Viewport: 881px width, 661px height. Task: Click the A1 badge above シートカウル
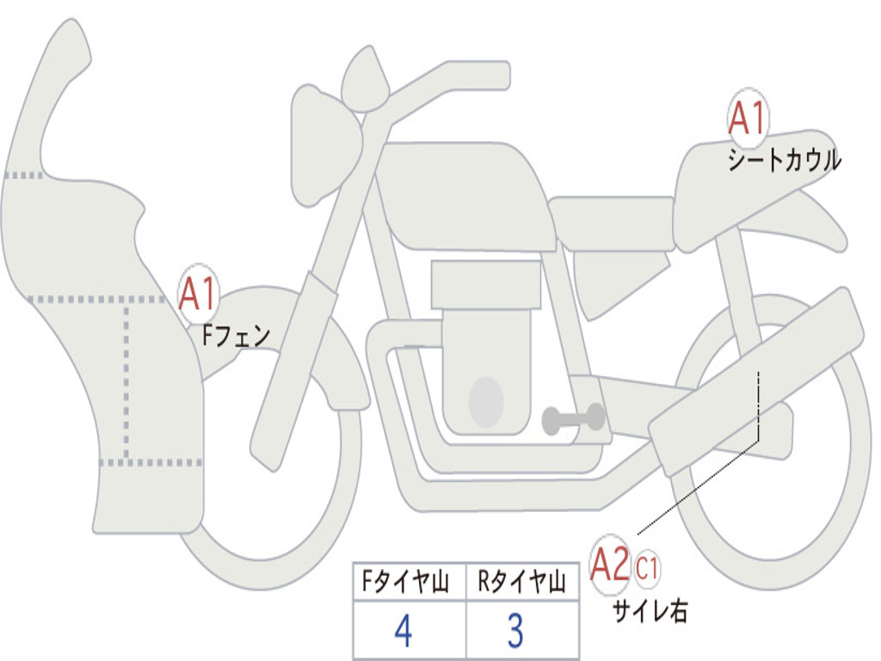[747, 118]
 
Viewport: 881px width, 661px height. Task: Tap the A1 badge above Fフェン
[198, 293]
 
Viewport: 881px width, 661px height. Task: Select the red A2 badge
[611, 565]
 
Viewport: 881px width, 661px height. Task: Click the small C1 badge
[647, 568]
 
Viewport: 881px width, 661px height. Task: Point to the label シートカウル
[784, 161]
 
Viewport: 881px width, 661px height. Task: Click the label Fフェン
[236, 335]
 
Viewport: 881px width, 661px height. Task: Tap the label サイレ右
[650, 611]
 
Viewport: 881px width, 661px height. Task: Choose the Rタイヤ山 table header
[521, 584]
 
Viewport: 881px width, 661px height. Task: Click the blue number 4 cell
[404, 631]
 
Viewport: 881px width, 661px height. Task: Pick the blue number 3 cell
[514, 631]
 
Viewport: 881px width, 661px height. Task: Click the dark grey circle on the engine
[485, 401]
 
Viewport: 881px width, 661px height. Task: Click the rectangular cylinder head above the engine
[486, 284]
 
